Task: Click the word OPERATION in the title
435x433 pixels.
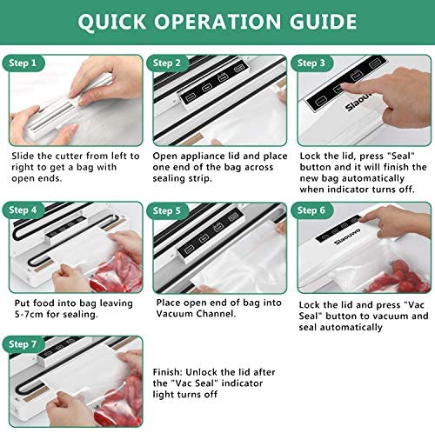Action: coord(217,22)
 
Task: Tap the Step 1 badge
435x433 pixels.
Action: coord(23,63)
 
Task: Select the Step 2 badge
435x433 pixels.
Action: coord(167,63)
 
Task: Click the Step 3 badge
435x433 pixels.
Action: coord(311,63)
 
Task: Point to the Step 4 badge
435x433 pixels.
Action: coord(23,210)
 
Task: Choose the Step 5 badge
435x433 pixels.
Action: coord(167,210)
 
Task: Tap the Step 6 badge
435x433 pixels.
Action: coord(311,210)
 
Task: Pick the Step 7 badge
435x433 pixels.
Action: coord(23,344)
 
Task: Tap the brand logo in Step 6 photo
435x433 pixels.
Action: coord(347,236)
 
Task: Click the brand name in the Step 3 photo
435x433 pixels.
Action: coord(358,103)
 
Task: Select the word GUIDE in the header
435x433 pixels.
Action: coord(323,22)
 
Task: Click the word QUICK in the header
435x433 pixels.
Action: coord(111,22)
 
